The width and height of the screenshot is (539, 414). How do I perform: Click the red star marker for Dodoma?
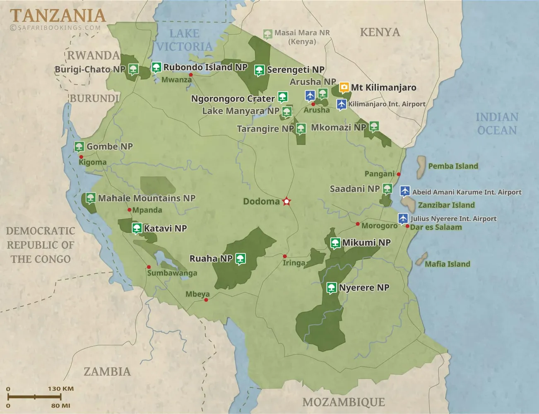point(286,202)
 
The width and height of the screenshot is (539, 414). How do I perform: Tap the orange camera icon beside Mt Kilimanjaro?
point(344,87)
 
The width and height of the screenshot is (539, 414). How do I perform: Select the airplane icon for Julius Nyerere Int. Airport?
point(403,218)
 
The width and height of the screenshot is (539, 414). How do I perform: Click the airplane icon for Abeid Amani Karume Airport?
point(405,191)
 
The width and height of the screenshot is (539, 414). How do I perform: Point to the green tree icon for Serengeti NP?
point(260,70)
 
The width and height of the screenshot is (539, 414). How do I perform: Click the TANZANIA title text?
point(58,16)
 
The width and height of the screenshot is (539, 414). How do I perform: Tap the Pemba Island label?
point(453,166)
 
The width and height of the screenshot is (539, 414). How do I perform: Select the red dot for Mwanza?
point(191,75)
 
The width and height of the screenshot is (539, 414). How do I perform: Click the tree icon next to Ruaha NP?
point(241,259)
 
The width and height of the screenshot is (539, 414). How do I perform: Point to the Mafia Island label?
point(448,264)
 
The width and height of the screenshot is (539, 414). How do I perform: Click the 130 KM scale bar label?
point(60,389)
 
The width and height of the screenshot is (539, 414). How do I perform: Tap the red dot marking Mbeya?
point(206,300)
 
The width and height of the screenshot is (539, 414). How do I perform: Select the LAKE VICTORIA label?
point(184,40)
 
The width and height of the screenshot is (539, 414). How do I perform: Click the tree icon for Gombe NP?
point(79,147)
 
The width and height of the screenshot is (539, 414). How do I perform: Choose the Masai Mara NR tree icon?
point(268,34)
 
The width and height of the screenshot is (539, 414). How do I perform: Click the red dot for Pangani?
point(399,174)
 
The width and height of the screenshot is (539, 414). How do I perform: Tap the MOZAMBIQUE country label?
point(343,402)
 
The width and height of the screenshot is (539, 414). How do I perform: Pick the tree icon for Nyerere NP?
point(331,288)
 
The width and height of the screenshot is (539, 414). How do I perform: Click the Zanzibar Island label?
point(446,205)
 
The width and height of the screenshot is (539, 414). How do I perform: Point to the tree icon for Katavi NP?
point(137,228)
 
